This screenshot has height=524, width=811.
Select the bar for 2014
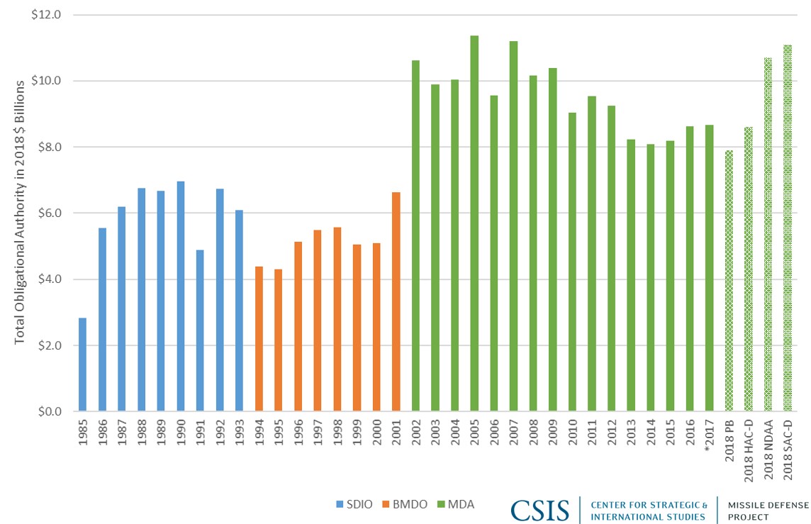[650, 277]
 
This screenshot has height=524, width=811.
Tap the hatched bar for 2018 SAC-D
[787, 228]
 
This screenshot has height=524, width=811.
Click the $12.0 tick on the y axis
[47, 15]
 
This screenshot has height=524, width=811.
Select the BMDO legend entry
[404, 504]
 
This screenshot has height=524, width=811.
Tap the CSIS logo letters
[539, 509]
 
